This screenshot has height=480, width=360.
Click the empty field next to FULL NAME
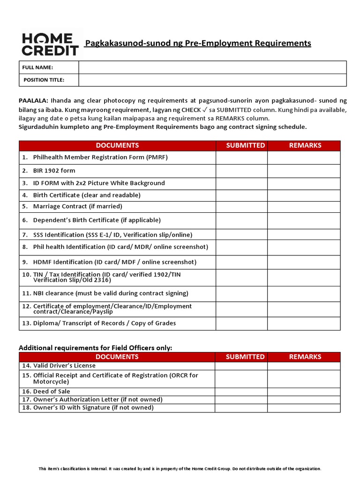pyautogui.click(x=212, y=67)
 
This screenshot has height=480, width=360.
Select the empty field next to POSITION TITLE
pyautogui.click(x=212, y=80)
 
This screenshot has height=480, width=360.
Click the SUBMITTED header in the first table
pyautogui.click(x=245, y=145)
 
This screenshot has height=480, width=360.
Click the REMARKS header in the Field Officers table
pyautogui.click(x=305, y=357)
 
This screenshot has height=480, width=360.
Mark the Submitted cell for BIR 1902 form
pyautogui.click(x=241, y=171)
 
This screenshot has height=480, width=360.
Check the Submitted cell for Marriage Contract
pyautogui.click(x=241, y=206)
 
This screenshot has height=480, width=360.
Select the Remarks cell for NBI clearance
pyautogui.click(x=304, y=293)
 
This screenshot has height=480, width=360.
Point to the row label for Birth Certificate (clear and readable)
pyautogui.click(x=86, y=195)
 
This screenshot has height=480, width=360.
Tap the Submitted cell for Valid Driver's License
pyautogui.click(x=241, y=366)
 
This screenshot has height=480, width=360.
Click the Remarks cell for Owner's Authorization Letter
pyautogui.click(x=304, y=400)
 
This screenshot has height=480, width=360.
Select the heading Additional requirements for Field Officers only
pyautogui.click(x=95, y=347)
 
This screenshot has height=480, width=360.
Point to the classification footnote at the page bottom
pyautogui.click(x=180, y=469)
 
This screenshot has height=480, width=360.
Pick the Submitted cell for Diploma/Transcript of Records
pyautogui.click(x=241, y=323)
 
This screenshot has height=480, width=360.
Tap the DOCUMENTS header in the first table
pyautogui.click(x=117, y=145)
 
